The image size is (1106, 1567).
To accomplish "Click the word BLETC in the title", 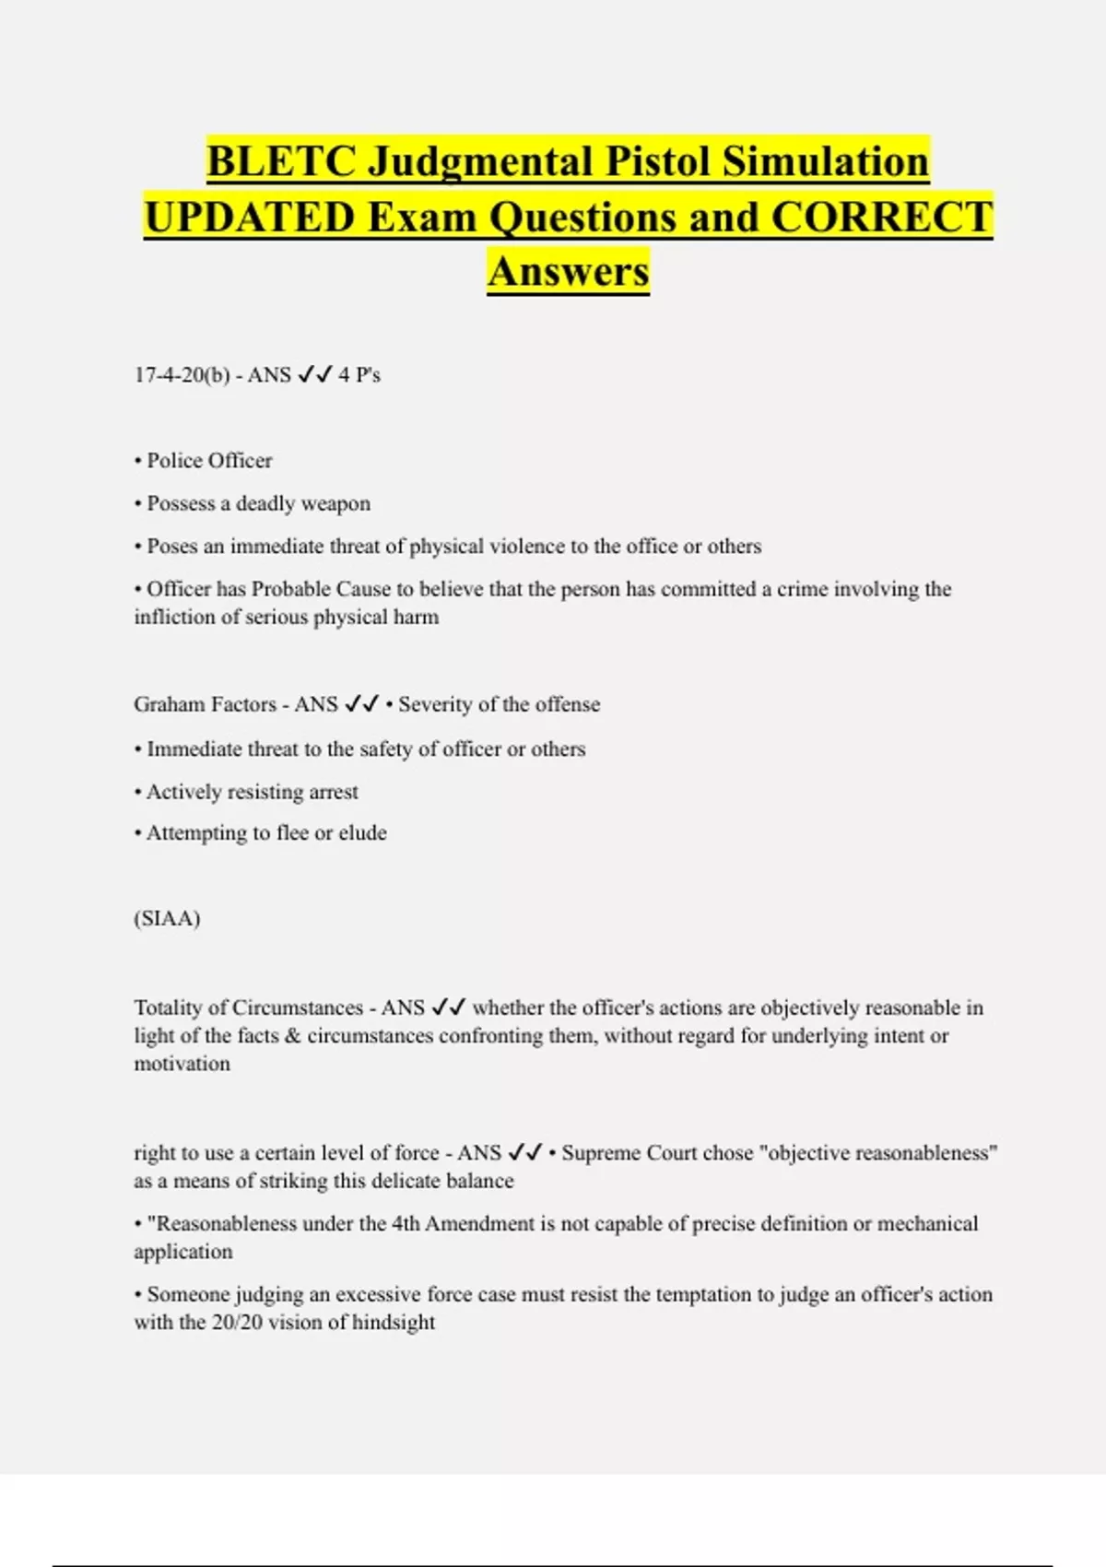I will (x=281, y=161).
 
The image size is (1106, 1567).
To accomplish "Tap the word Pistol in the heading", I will (x=656, y=161).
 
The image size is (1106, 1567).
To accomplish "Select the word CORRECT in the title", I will (x=881, y=218).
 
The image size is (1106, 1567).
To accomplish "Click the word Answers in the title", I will (x=569, y=272).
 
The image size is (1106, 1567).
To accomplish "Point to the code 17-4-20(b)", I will (x=182, y=375).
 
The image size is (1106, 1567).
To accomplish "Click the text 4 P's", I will (x=359, y=375).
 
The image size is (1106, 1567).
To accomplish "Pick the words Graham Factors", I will (x=205, y=704).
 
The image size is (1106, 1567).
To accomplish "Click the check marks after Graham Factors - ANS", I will (x=361, y=704).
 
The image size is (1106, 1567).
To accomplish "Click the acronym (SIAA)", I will (x=167, y=919).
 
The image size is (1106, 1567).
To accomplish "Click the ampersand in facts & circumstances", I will (x=293, y=1036).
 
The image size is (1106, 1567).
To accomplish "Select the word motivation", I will (x=182, y=1064).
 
